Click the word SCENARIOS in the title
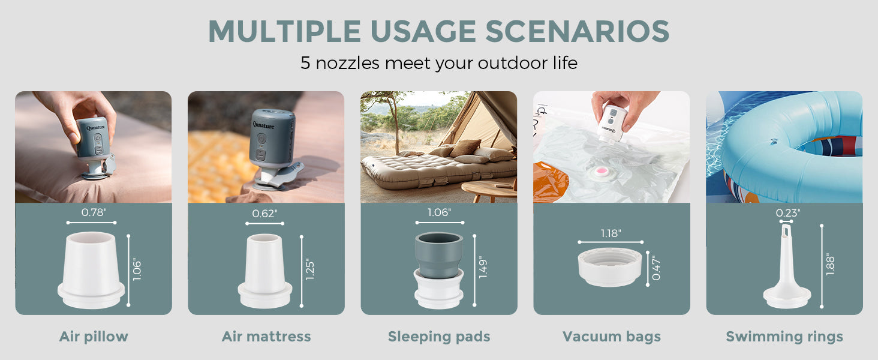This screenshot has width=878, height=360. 578,31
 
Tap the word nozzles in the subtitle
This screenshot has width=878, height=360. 347,63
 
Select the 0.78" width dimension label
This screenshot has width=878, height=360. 94,212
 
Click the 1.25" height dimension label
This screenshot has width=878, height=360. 309,269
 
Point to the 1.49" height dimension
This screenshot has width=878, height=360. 483,269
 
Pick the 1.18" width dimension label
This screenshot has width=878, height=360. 611,233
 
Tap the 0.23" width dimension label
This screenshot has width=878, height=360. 788,213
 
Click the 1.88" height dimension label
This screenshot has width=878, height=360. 830,264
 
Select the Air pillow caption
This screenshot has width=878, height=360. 94,337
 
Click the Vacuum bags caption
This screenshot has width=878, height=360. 612,337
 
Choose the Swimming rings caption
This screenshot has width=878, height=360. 784,337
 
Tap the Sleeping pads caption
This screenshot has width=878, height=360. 439,337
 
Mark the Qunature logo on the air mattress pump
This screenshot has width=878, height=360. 263,125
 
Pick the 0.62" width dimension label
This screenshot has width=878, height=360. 264,214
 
